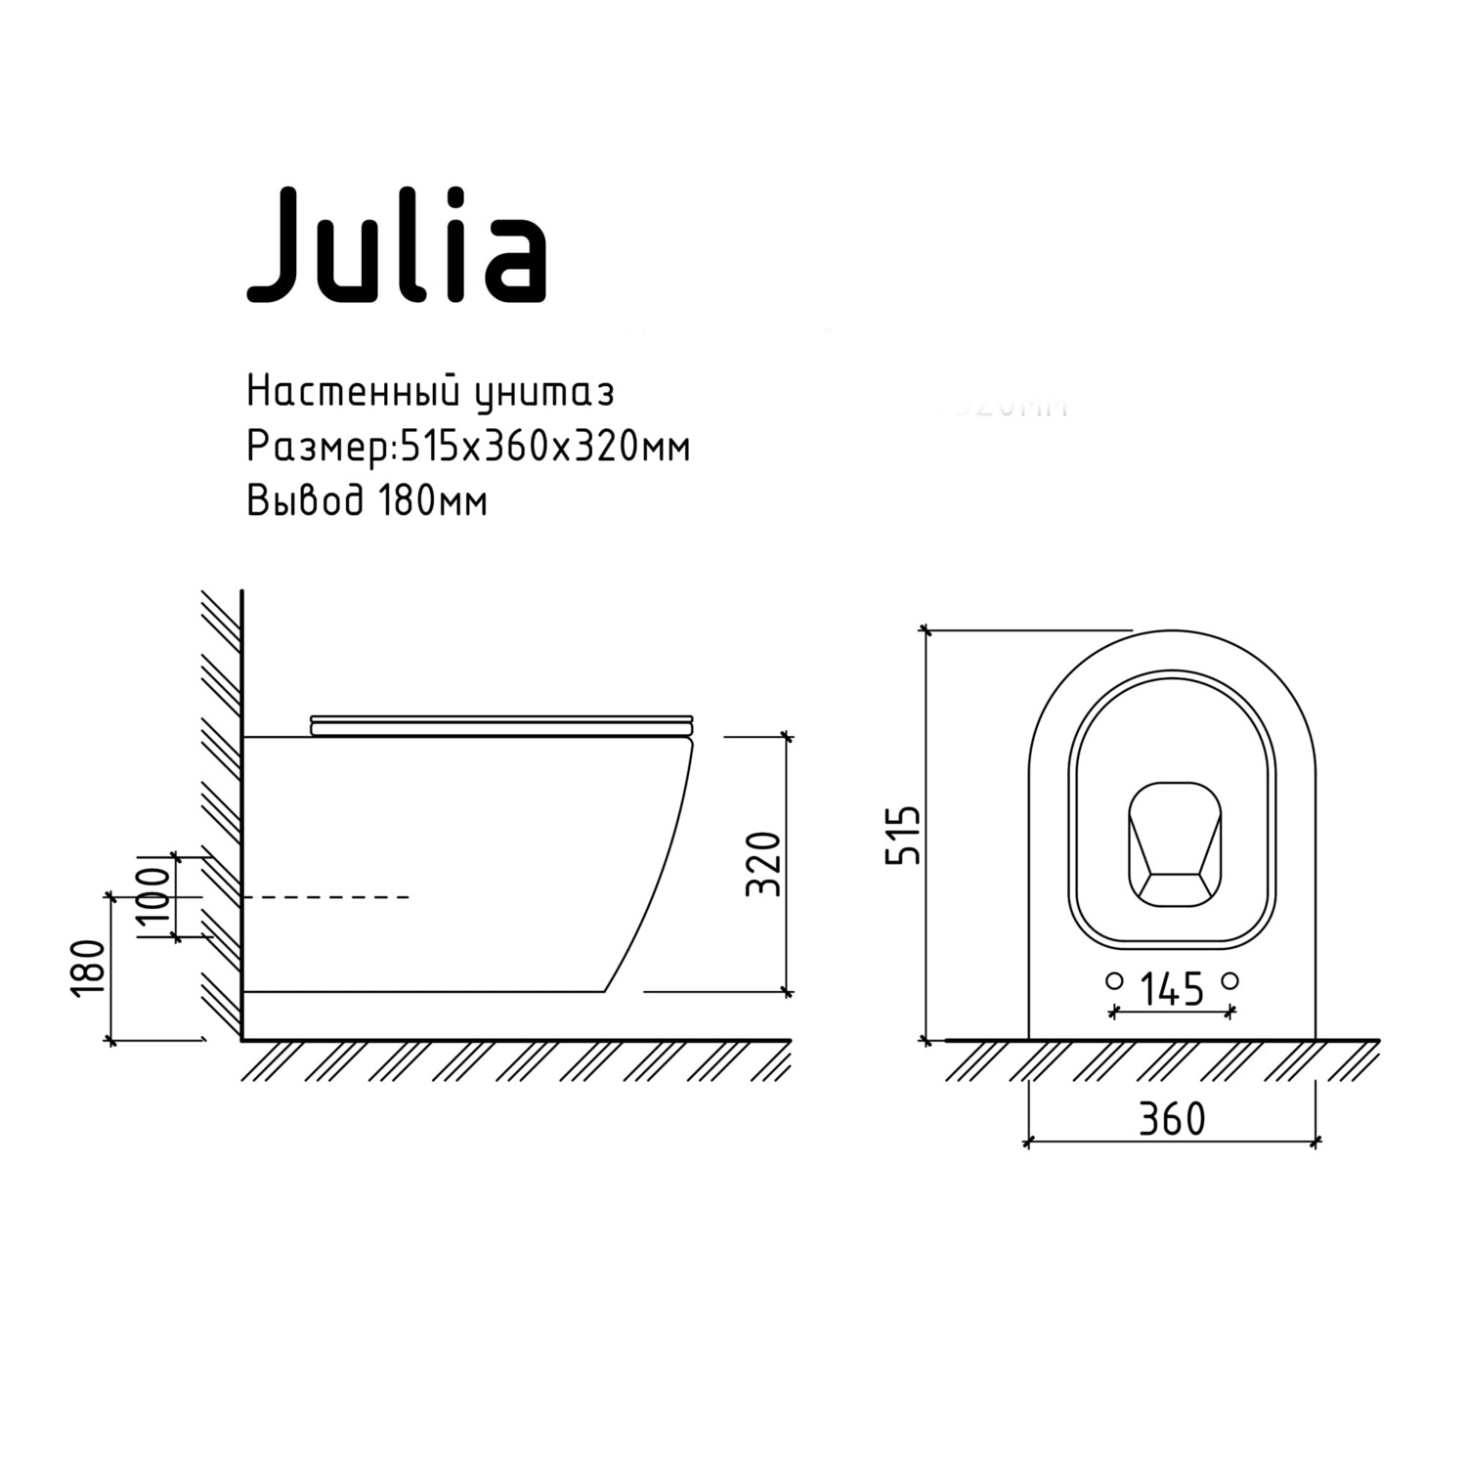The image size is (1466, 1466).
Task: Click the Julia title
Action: [396, 244]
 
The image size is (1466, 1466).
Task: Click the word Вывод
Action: [306, 501]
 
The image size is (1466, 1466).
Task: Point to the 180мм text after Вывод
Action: [431, 501]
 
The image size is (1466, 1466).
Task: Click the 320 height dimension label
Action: [763, 863]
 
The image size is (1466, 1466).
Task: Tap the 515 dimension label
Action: [902, 835]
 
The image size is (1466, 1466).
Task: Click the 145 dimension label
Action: [1171, 990]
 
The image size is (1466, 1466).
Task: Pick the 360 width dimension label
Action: [1172, 1119]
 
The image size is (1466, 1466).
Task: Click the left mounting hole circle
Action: [1113, 980]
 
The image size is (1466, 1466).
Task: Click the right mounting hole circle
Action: [1230, 980]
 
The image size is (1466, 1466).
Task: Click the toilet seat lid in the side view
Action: [501, 723]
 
